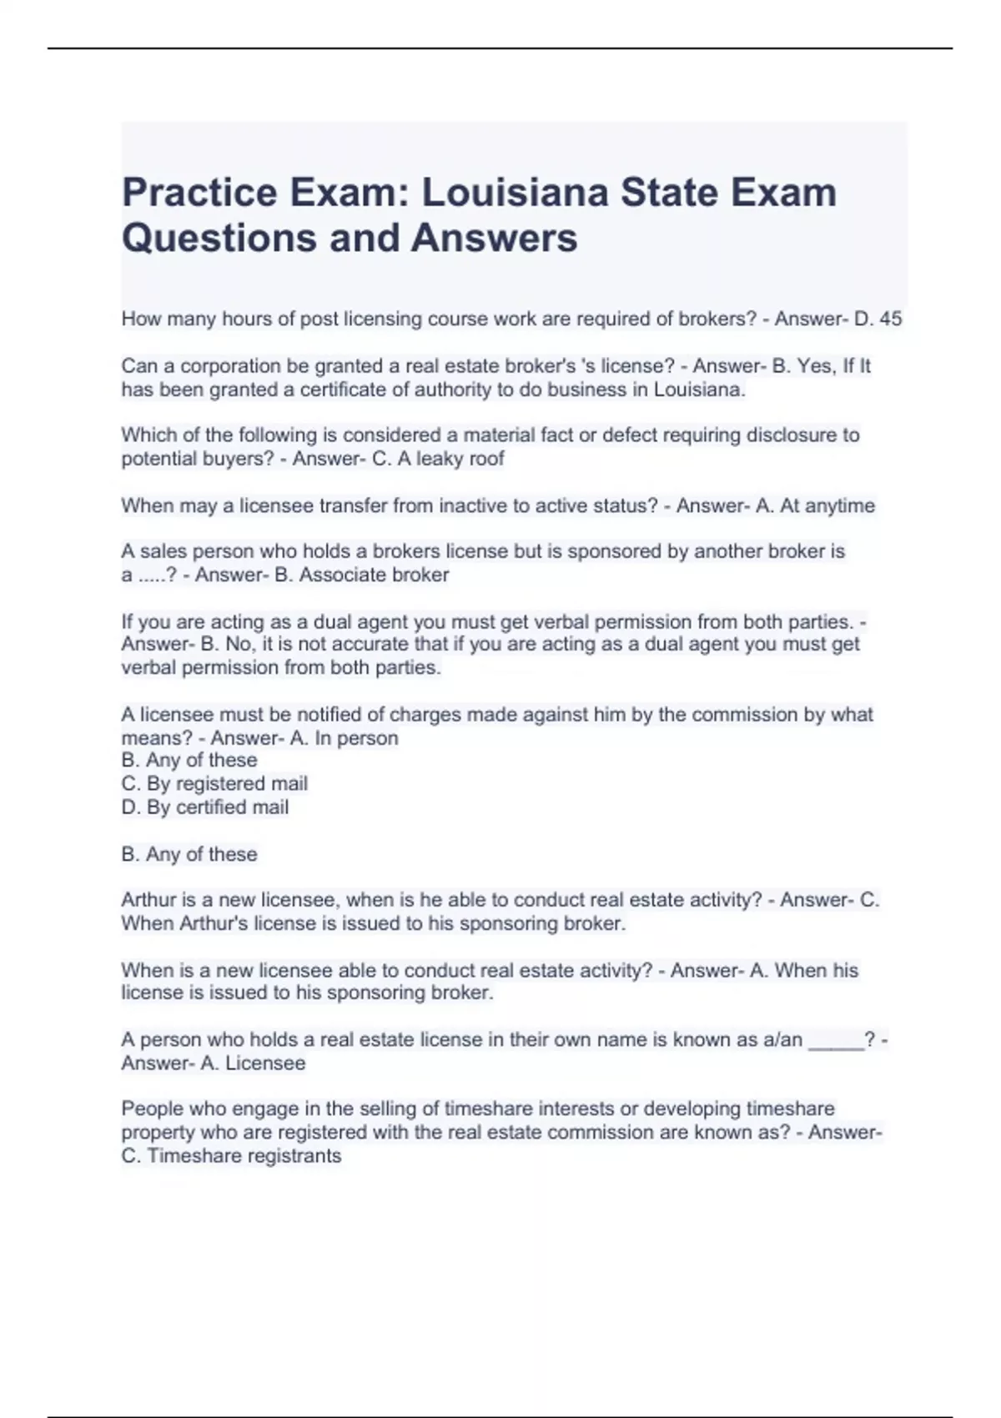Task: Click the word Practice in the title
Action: (x=199, y=193)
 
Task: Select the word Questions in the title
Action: (x=219, y=238)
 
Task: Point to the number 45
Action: (x=890, y=319)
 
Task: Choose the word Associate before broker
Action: (x=345, y=575)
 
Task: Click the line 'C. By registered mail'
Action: (x=214, y=784)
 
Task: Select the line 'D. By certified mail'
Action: (x=205, y=807)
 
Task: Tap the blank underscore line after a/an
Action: (x=837, y=1040)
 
